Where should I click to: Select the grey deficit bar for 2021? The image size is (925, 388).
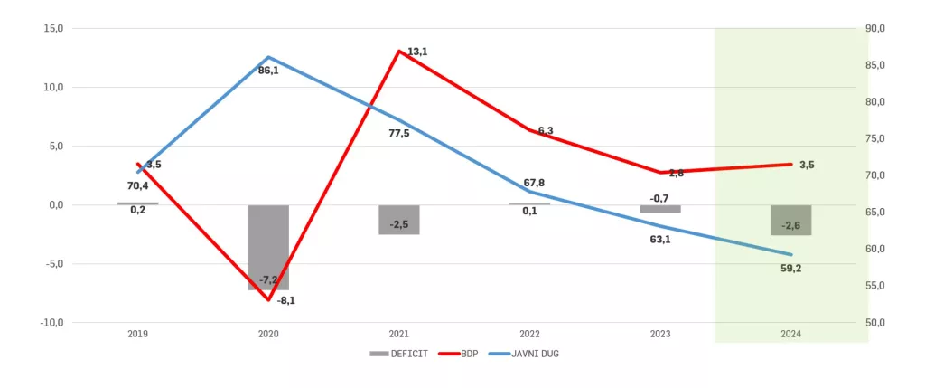tap(399, 220)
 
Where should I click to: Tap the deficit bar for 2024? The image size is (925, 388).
tap(791, 220)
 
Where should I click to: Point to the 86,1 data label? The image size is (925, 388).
tap(268, 71)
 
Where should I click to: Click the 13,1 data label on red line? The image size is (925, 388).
tap(417, 52)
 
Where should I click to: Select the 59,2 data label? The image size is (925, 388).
tap(791, 269)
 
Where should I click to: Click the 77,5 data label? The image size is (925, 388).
tap(398, 134)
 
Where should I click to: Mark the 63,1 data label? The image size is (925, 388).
tap(660, 241)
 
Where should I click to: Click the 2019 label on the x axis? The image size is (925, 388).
tap(138, 334)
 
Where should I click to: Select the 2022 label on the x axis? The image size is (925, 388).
tap(529, 334)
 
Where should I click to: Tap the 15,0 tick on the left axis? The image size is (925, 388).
tap(54, 28)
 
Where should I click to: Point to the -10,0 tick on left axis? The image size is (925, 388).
tap(51, 323)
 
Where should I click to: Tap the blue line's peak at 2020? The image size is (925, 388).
tap(268, 57)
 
